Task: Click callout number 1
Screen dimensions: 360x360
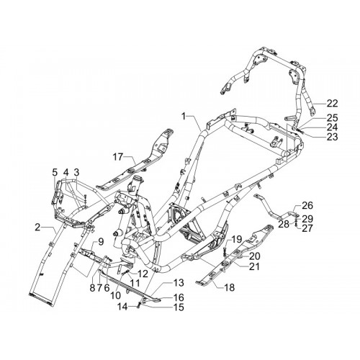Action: click(x=184, y=117)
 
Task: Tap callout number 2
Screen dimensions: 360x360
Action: click(x=37, y=228)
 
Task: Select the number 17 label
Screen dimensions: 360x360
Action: click(x=118, y=158)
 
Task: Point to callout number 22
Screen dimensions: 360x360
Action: click(x=332, y=104)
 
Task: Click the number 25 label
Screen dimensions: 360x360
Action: click(x=332, y=118)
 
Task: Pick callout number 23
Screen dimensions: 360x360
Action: click(x=332, y=137)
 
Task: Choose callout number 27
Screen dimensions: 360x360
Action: click(x=307, y=228)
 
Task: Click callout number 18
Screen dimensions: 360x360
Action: click(x=230, y=287)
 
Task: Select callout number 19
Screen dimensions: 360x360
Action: click(x=237, y=239)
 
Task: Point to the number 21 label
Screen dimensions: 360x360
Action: click(x=254, y=266)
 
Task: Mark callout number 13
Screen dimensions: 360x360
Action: click(x=178, y=282)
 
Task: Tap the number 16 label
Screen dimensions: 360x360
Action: click(x=178, y=297)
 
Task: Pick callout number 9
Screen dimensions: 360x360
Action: click(x=101, y=242)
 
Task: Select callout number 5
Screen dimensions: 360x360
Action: click(x=55, y=172)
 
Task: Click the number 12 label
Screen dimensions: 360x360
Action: click(x=143, y=274)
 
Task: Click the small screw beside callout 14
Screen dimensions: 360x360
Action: click(x=138, y=306)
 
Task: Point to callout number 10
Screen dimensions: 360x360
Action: click(x=115, y=295)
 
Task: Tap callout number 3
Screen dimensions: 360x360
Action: click(x=76, y=172)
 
